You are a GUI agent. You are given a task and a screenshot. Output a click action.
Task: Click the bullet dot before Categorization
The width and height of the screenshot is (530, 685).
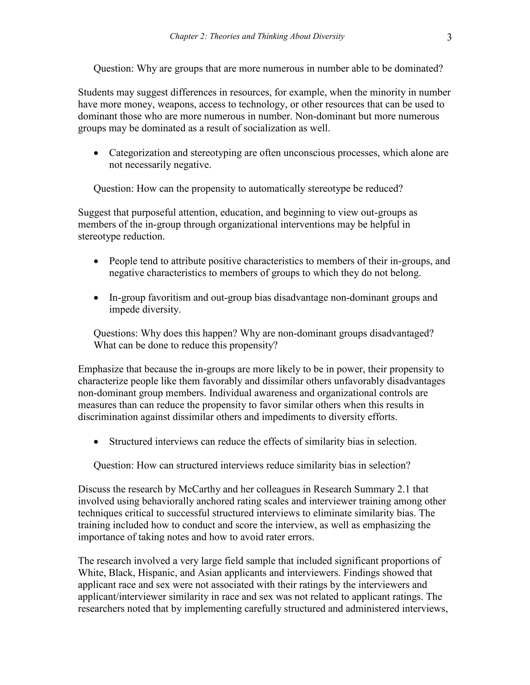[x=96, y=153]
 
